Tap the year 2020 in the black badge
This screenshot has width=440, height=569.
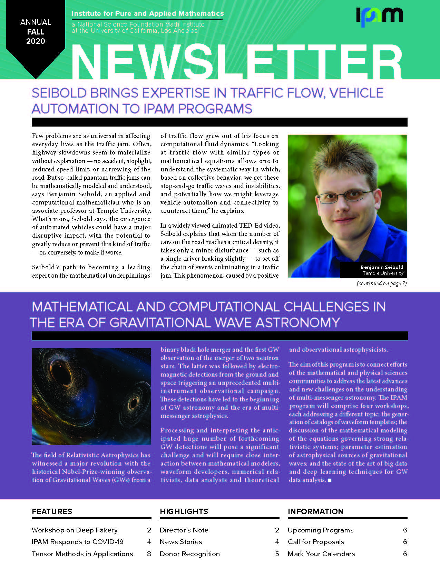tap(36, 41)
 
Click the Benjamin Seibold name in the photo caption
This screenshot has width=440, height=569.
tap(382, 267)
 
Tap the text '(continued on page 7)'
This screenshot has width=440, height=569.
tap(382, 283)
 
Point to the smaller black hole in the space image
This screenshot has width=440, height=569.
tap(133, 403)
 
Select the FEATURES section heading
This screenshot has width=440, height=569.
tap(52, 511)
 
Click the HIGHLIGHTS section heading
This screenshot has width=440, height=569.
tap(184, 511)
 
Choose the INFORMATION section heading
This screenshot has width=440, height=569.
tap(316, 511)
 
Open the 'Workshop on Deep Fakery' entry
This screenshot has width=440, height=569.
tap(75, 530)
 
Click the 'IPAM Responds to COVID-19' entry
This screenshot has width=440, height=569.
tap(78, 542)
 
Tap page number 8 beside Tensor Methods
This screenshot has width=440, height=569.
tap(149, 554)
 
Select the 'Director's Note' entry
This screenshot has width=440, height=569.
tap(184, 530)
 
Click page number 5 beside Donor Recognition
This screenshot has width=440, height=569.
tap(277, 554)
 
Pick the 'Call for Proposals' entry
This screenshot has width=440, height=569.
tap(316, 542)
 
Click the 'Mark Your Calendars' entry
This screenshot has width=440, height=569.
tap(321, 554)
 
